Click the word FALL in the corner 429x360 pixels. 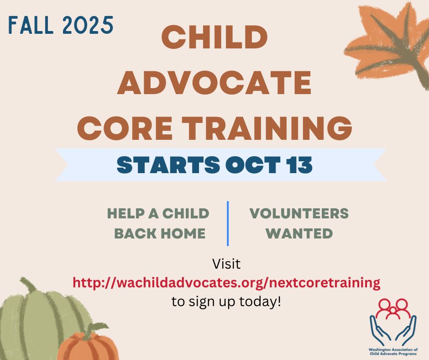(31, 25)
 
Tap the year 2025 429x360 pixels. (88, 25)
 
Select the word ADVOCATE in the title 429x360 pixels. (214, 82)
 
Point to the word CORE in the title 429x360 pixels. (125, 128)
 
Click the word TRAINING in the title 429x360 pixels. (267, 128)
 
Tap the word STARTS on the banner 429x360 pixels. (168, 165)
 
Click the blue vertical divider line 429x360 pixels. (228, 223)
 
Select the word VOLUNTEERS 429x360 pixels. (299, 213)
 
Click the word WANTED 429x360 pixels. (299, 233)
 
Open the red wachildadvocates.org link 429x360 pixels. (226, 282)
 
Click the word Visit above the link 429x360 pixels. (226, 264)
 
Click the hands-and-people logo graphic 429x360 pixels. (393, 322)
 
